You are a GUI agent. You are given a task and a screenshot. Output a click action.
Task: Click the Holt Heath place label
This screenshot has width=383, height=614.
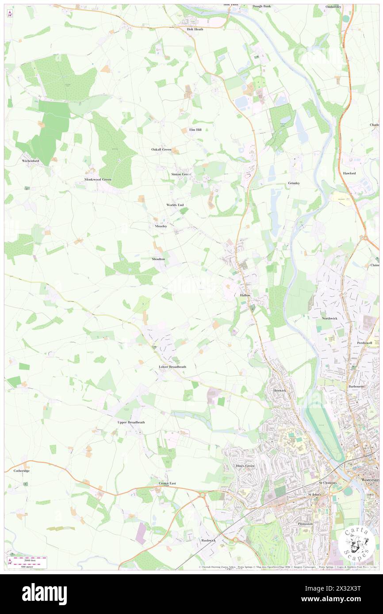195,29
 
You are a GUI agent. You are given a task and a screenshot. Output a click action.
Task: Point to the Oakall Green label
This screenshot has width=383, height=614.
161,149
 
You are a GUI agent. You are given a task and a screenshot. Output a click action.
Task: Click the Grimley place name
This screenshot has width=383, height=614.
294,183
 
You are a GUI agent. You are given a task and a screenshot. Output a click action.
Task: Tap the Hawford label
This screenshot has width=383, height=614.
349,173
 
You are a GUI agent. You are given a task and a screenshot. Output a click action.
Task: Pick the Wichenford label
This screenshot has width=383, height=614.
31,161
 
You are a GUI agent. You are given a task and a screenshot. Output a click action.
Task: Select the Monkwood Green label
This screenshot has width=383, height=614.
98,179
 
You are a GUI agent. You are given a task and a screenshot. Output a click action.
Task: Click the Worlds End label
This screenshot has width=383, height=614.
175,205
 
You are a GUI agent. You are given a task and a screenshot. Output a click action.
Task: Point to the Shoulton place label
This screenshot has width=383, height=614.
158,259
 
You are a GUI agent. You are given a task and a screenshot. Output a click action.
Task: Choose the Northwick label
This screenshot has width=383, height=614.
329,318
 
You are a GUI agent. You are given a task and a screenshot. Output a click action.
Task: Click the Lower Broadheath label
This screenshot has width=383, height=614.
172,367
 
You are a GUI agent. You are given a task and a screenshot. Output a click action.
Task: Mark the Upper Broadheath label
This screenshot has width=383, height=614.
131,422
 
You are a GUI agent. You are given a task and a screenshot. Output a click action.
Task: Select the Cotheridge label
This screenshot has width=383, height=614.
21,471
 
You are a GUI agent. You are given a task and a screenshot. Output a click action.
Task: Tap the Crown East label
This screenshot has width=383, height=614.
167,483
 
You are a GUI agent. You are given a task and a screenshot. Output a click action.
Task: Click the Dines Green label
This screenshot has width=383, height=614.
245,466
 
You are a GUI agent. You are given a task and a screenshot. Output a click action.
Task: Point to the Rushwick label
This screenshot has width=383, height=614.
208,540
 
